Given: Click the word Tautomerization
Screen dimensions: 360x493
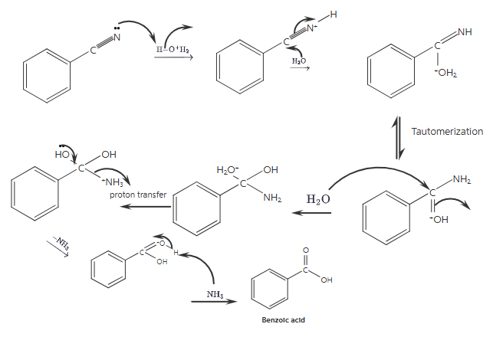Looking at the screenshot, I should (447, 132).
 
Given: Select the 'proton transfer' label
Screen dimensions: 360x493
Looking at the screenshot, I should (138, 195).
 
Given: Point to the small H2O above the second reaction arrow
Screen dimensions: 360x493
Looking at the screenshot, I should (298, 60).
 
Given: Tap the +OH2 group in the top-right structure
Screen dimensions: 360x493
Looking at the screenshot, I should (445, 73).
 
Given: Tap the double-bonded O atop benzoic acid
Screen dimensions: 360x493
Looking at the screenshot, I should (305, 250).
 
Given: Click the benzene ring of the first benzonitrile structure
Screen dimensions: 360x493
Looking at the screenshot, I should (49, 77).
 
